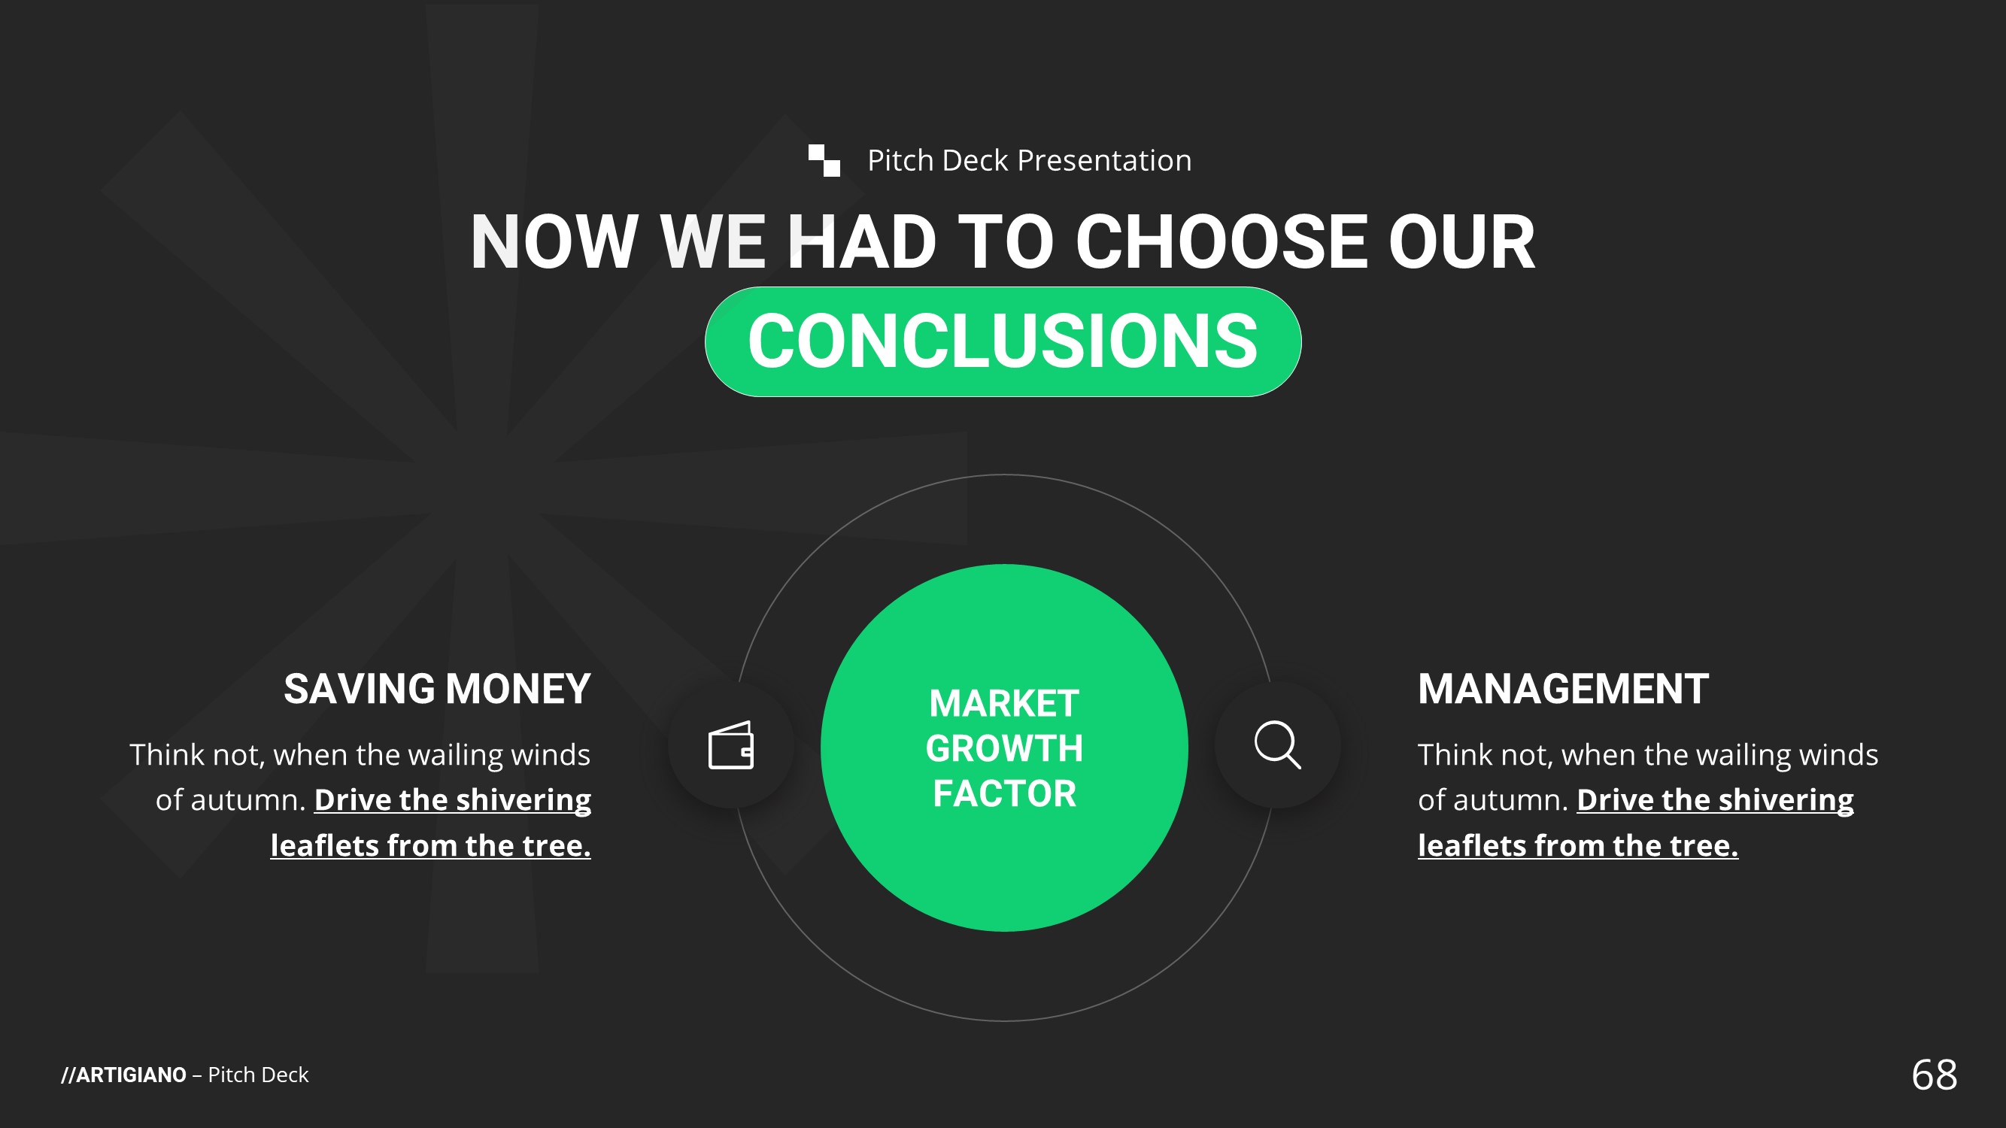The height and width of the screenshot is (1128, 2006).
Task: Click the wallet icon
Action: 730,745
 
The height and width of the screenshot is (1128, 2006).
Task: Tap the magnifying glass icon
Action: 1278,745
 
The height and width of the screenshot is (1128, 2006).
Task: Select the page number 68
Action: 1935,1075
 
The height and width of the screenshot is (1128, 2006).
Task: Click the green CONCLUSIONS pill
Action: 1003,341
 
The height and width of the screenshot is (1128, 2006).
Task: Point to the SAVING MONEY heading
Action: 437,689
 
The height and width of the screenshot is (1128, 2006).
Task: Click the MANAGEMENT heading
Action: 1563,689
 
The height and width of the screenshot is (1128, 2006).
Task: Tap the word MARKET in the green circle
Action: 1004,704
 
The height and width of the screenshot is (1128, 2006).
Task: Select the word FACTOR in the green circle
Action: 1005,794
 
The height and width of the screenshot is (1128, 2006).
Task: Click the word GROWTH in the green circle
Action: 1004,749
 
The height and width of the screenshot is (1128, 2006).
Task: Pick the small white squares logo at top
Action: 824,160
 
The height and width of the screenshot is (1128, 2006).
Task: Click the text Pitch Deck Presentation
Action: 1030,160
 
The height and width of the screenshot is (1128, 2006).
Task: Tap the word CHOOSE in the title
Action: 1221,242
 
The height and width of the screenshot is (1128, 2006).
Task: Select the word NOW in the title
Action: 554,242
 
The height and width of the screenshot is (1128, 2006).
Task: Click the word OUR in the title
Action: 1461,242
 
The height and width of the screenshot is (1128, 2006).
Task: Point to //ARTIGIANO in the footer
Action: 124,1075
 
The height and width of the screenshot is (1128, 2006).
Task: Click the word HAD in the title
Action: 862,242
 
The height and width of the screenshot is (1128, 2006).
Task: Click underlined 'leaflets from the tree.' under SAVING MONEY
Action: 431,846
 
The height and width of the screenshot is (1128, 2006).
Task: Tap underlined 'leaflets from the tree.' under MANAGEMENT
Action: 1578,846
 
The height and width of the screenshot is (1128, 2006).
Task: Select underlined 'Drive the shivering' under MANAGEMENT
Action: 1716,800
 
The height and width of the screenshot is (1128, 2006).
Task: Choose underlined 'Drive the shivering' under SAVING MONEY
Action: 453,800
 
